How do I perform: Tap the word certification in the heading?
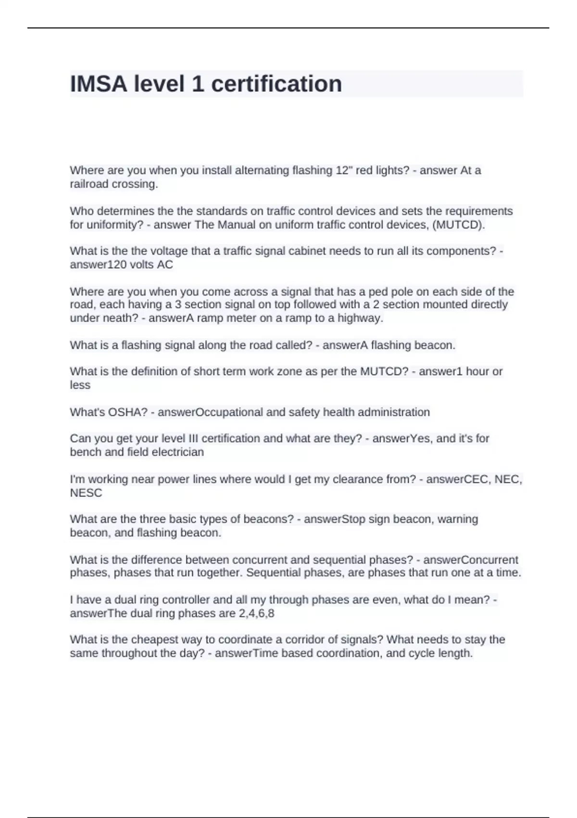(276, 84)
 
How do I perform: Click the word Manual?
(237, 225)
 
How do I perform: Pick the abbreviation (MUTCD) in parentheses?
(459, 225)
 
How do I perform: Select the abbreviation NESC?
(86, 493)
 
